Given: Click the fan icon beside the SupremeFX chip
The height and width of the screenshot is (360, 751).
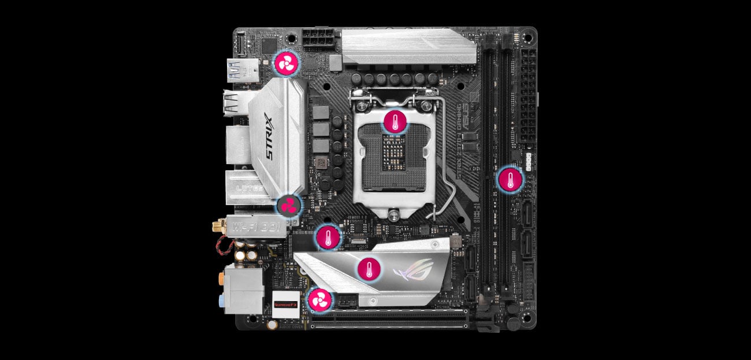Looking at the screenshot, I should click(320, 300).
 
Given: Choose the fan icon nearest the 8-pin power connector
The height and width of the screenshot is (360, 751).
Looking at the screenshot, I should click(285, 64).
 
